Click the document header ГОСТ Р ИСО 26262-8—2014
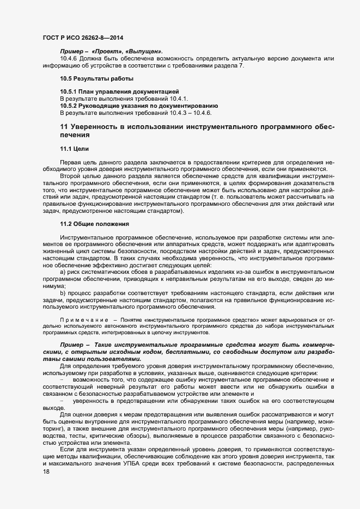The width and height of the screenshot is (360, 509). click(82, 37)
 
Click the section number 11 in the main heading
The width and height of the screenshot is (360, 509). click(64, 127)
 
